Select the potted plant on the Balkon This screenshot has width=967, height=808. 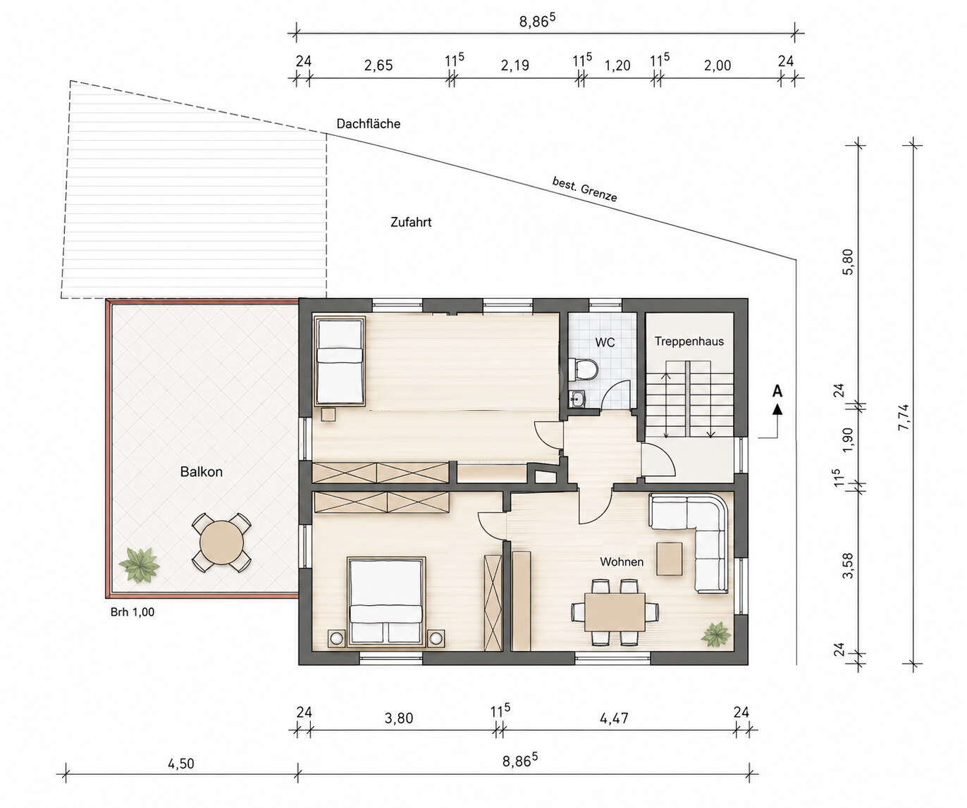138,564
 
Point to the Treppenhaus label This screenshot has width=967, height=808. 689,342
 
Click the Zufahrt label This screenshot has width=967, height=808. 411,223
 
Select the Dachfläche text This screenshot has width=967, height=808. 368,124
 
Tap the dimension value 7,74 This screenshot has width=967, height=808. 904,418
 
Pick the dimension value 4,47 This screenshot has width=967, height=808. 614,718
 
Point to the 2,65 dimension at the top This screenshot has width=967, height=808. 378,66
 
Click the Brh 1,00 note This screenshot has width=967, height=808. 133,612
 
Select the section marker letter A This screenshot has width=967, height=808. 777,391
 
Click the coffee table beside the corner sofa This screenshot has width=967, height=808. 669,559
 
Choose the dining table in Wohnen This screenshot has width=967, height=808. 615,611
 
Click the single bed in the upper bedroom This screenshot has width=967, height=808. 340,361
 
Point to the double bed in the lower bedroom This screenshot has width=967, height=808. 386,602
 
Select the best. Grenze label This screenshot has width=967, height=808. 584,189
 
